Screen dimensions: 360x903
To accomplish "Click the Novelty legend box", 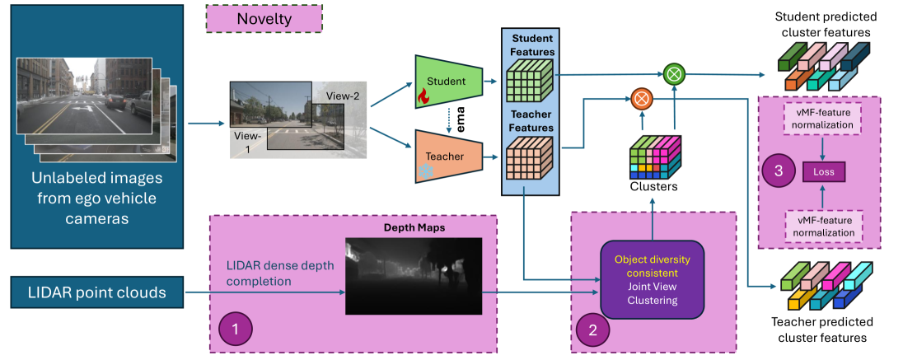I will point(264,18).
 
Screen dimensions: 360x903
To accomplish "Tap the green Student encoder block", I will point(447,82).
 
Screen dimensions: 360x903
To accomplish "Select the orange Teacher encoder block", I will point(447,155).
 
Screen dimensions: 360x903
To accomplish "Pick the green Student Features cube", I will point(528,82).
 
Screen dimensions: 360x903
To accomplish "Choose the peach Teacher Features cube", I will point(528,157).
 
